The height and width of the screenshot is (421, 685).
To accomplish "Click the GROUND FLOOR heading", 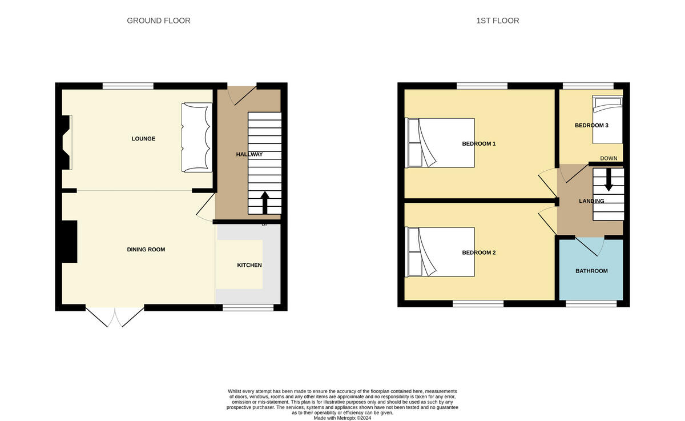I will (159, 21).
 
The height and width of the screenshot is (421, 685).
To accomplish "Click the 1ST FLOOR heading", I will (498, 21).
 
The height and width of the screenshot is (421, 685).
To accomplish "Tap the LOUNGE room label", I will (143, 139).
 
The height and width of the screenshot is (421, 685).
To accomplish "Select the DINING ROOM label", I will (146, 250).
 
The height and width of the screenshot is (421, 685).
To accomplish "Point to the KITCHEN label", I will (249, 265).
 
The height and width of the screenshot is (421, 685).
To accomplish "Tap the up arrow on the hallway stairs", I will (265, 202).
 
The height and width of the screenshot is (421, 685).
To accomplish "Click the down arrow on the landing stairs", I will (609, 179).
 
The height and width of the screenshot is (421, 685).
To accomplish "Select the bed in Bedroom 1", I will (440, 143).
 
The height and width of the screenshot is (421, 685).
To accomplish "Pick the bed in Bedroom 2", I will (440, 252).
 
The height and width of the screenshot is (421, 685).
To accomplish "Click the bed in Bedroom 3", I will (607, 119).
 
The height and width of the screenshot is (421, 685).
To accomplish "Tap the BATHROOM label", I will (591, 271).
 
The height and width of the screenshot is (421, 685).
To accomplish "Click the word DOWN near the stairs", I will (609, 158).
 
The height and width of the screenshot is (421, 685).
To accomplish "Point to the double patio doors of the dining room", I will (115, 316).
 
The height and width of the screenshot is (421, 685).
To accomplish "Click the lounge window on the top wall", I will (128, 86).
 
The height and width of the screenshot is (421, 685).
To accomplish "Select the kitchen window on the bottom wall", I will (248, 308).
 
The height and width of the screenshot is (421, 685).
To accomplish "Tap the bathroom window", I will (591, 304).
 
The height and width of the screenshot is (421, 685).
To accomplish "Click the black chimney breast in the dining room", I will (70, 242).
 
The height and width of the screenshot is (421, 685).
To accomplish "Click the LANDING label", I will (591, 201).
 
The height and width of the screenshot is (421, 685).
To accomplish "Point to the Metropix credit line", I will (342, 418).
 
